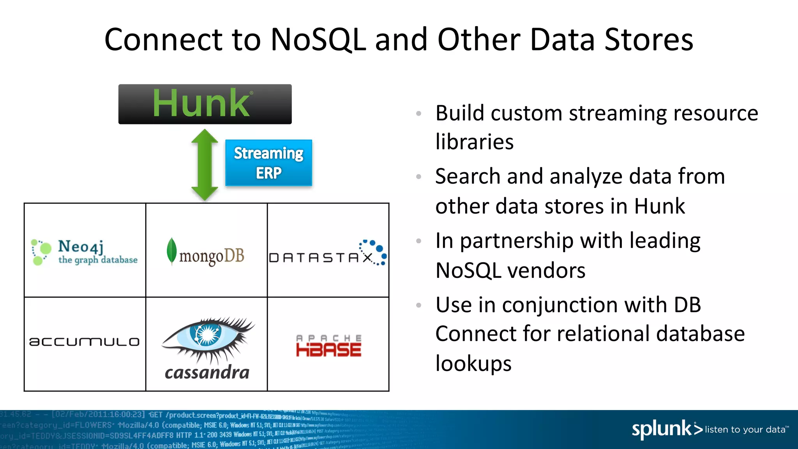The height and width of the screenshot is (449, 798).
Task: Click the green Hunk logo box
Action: point(205,104)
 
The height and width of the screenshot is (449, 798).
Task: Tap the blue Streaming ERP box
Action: point(268,163)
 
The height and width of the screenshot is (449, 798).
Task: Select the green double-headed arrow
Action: point(205,164)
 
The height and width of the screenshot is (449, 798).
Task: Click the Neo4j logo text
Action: point(81,246)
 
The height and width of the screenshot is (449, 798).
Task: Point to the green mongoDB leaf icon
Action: point(171,251)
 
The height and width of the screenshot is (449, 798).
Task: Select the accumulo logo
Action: point(84,342)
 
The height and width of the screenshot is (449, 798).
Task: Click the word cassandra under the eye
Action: point(207,372)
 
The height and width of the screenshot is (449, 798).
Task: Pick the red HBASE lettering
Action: point(328,350)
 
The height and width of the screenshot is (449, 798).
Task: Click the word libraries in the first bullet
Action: point(474,141)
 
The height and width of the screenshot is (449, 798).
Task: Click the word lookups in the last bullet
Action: point(473,363)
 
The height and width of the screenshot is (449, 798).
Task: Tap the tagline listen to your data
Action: point(745,430)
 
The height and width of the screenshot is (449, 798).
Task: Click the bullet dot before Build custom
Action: point(419,113)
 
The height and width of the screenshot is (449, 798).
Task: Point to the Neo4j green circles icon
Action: point(41,252)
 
